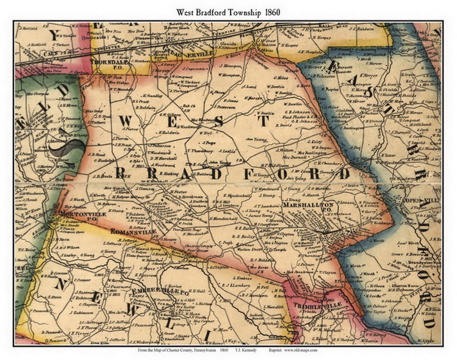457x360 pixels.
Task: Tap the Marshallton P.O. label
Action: pyautogui.click(x=308, y=205)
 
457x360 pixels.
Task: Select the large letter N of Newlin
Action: pyautogui.click(x=60, y=284)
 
